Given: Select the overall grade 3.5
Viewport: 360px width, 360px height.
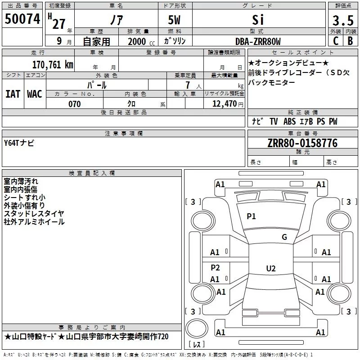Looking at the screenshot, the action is pyautogui.click(x=343, y=21).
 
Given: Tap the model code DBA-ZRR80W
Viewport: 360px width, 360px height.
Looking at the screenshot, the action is pyautogui.click(x=258, y=41).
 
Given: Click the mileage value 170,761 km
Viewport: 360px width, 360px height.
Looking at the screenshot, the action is pyautogui.click(x=53, y=64).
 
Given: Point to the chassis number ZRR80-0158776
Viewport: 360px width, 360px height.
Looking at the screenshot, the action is pyautogui.click(x=302, y=143).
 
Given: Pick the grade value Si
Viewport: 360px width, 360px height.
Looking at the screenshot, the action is pyautogui.click(x=258, y=20).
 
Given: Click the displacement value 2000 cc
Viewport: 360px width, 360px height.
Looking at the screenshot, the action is pyautogui.click(x=140, y=41).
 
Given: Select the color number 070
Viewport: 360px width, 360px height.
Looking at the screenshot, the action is pyautogui.click(x=75, y=104).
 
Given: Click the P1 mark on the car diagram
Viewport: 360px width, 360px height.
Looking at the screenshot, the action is pyautogui.click(x=251, y=216).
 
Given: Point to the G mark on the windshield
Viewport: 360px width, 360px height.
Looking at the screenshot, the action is pyautogui.click(x=284, y=237).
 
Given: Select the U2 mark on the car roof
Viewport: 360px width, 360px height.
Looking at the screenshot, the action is pyautogui.click(x=270, y=269).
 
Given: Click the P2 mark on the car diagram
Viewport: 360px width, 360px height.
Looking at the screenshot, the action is pyautogui.click(x=216, y=267).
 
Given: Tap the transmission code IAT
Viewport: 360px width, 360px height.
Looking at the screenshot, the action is pyautogui.click(x=13, y=94).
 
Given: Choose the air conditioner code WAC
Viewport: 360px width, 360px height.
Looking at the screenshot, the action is pyautogui.click(x=35, y=94).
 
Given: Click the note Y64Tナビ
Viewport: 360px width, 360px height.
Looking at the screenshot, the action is pyautogui.click(x=19, y=143).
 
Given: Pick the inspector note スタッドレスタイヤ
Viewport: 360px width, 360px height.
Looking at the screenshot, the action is pyautogui.click(x=34, y=213).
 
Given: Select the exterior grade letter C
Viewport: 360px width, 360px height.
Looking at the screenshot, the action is pyautogui.click(x=335, y=41).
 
